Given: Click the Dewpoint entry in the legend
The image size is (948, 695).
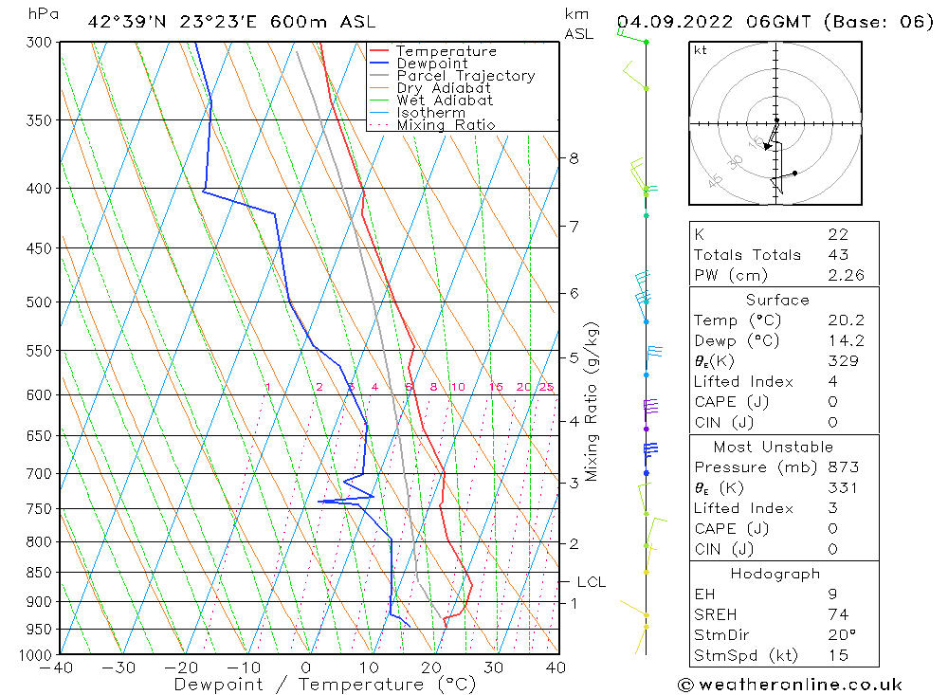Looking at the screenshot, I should [x=431, y=64].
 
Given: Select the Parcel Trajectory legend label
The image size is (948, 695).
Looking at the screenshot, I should [x=465, y=76].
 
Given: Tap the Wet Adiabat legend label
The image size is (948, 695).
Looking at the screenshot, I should [x=445, y=101].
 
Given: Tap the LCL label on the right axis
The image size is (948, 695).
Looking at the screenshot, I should [x=591, y=582].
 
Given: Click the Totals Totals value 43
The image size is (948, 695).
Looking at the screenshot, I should [x=837, y=255].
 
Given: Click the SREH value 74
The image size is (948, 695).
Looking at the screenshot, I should [x=837, y=614].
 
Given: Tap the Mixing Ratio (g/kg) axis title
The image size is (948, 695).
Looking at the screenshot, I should [x=592, y=402].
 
